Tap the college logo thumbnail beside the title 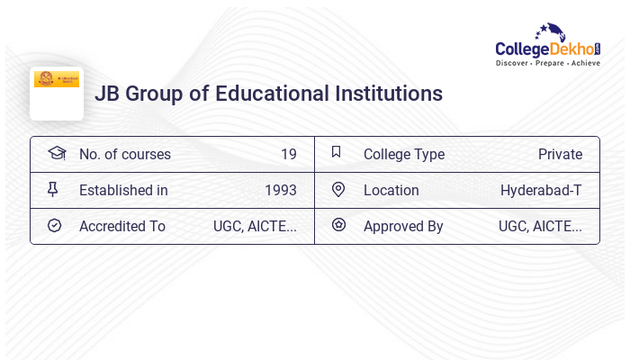(57, 92)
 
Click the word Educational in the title (280, 94)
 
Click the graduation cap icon (57, 153)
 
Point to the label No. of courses (124, 154)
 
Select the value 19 (288, 154)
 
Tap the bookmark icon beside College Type (337, 152)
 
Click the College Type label (403, 154)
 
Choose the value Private (560, 154)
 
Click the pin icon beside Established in (53, 189)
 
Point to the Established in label (123, 190)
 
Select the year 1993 (280, 190)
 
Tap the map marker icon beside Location (338, 189)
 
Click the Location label (391, 190)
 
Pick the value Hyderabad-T (541, 190)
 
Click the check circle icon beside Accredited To (54, 225)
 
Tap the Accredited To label (121, 226)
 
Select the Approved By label (403, 226)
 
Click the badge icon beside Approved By (338, 225)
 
